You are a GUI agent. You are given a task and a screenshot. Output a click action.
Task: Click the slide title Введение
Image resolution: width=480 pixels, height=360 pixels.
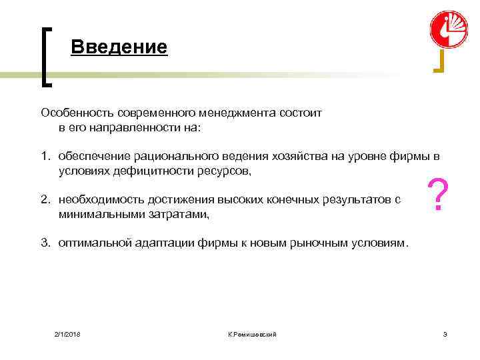[x=118, y=48]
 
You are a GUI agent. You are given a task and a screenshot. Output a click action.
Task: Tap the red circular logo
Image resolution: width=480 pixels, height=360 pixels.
[x=449, y=29]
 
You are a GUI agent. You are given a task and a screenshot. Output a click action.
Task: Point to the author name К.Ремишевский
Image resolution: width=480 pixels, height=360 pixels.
[x=251, y=333]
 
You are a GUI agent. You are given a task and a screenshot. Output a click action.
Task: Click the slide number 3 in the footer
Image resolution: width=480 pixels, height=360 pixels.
[x=445, y=333]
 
